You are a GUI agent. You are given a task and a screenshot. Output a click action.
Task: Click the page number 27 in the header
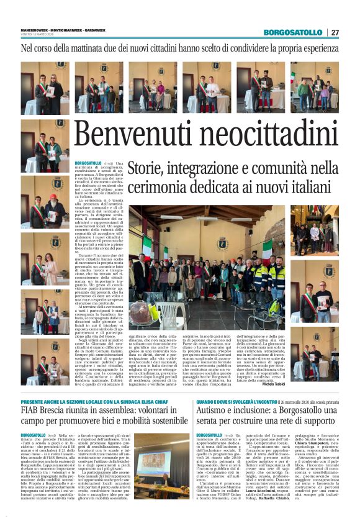[x=335, y=32]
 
